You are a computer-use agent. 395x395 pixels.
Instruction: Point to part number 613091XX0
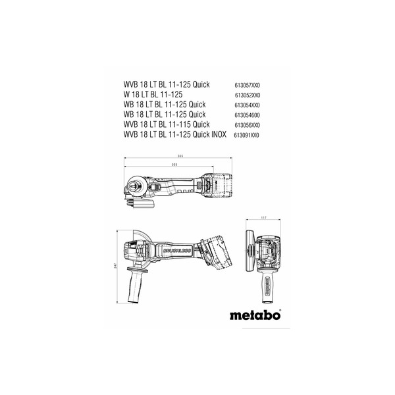click(248, 134)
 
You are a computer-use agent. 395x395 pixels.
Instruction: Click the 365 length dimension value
click(180, 155)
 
